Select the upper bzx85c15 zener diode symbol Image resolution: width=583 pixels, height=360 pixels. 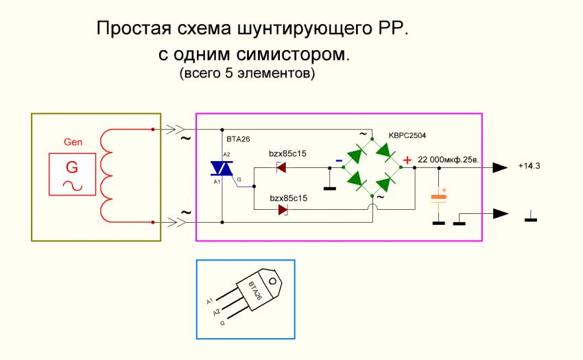281,166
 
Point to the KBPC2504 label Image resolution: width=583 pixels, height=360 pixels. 412,135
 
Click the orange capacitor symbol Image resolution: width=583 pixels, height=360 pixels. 438,197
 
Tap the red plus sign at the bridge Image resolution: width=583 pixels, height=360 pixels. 407,160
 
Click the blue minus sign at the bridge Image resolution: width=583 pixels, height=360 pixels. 339,162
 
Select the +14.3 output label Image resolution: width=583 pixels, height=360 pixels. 530,167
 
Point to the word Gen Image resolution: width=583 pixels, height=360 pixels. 73,143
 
